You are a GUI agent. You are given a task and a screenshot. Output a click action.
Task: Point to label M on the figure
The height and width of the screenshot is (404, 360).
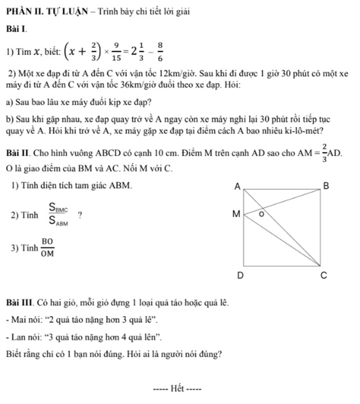click(236, 214)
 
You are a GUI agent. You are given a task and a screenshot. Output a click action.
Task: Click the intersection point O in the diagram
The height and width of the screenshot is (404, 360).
click(260, 214)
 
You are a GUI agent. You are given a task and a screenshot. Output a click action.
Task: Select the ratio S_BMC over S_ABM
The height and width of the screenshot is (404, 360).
click(58, 215)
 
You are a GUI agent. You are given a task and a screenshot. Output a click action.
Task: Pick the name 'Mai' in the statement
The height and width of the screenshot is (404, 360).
click(19, 321)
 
